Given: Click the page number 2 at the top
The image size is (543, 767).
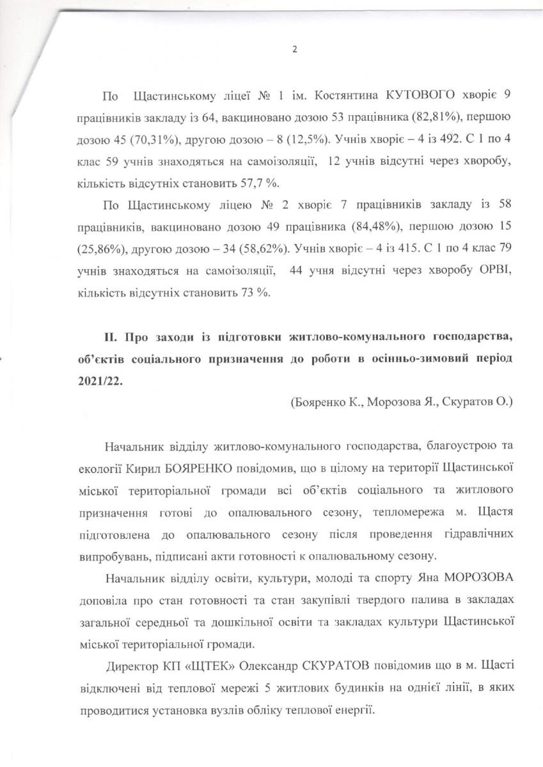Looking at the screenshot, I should pyautogui.click(x=294, y=50).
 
